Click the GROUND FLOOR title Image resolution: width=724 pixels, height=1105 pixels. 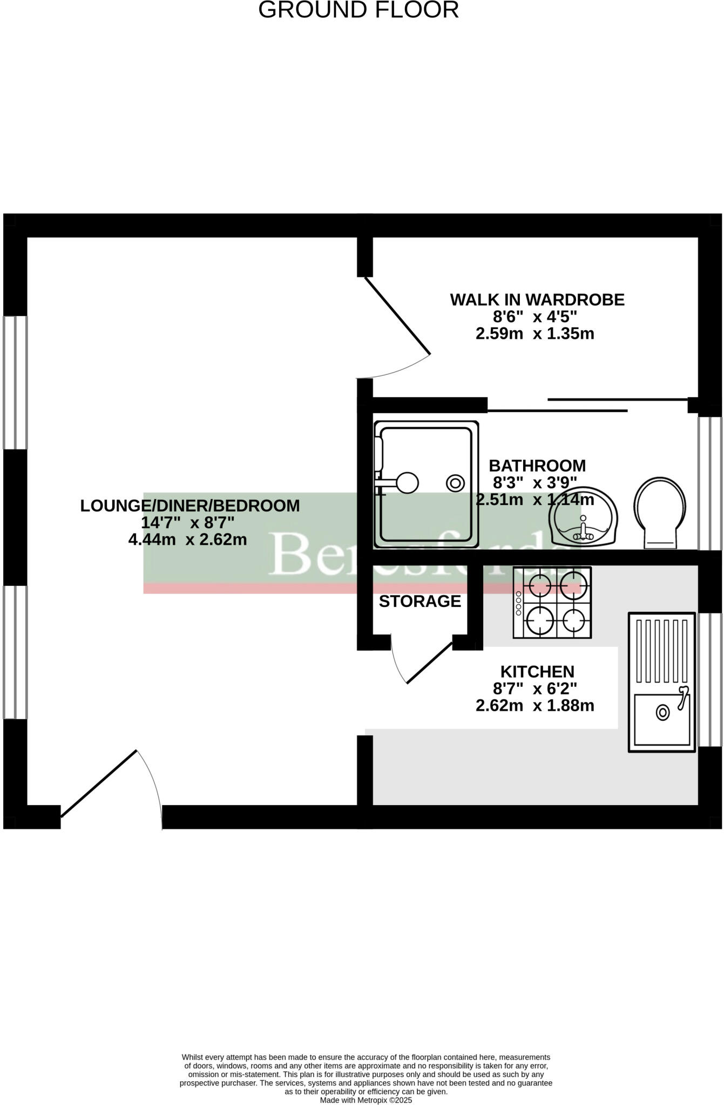(x=358, y=10)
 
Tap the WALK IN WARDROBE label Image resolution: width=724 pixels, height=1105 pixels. (x=537, y=299)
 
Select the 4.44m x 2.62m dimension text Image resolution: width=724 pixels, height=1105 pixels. (x=187, y=539)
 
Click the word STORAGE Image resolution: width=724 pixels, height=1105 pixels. (x=419, y=601)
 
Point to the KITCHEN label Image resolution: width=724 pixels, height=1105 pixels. (x=537, y=672)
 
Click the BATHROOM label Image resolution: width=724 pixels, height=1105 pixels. (x=537, y=466)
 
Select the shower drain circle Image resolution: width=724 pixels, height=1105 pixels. (x=455, y=483)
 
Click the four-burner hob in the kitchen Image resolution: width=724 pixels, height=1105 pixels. (x=552, y=602)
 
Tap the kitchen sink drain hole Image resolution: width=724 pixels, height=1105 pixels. (x=662, y=713)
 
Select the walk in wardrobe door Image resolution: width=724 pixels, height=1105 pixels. (x=398, y=316)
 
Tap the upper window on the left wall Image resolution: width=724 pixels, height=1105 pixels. (x=15, y=382)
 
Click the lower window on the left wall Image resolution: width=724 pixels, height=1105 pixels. (x=15, y=652)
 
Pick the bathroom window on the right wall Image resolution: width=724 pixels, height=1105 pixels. (x=710, y=483)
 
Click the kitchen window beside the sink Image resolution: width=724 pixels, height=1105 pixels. (x=710, y=679)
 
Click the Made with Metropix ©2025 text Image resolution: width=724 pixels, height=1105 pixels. (x=366, y=1100)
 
